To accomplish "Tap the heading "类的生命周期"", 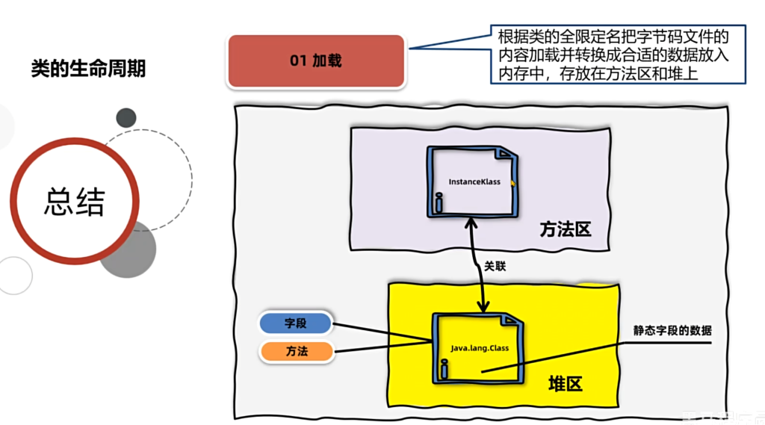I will coord(88,69).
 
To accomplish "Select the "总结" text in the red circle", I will coord(74,200).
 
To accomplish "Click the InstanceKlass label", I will coord(474,182).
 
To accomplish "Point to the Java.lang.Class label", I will coord(479,348).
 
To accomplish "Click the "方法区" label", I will coord(566,229).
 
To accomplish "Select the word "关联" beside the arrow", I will coord(495,265).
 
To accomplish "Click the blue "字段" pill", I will coord(296,323).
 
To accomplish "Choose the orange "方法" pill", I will coord(296,350).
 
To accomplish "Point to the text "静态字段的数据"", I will coord(672,331).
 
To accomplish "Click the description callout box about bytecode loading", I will coord(611,55).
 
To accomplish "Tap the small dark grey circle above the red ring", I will coord(126,117).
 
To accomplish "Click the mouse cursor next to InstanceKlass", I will coord(513,182).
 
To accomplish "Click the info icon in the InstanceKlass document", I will coord(439,202).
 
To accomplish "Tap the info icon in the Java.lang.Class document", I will coord(445,367).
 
